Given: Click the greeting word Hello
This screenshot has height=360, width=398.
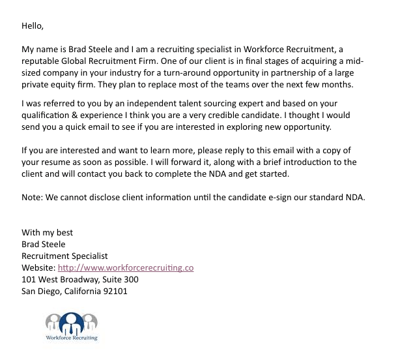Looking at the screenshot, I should (x=32, y=26).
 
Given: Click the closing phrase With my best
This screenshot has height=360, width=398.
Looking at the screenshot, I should (x=48, y=233).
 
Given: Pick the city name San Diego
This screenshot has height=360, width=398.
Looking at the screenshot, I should (x=40, y=292).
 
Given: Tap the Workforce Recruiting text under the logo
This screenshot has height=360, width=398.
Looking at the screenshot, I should (x=71, y=338).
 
